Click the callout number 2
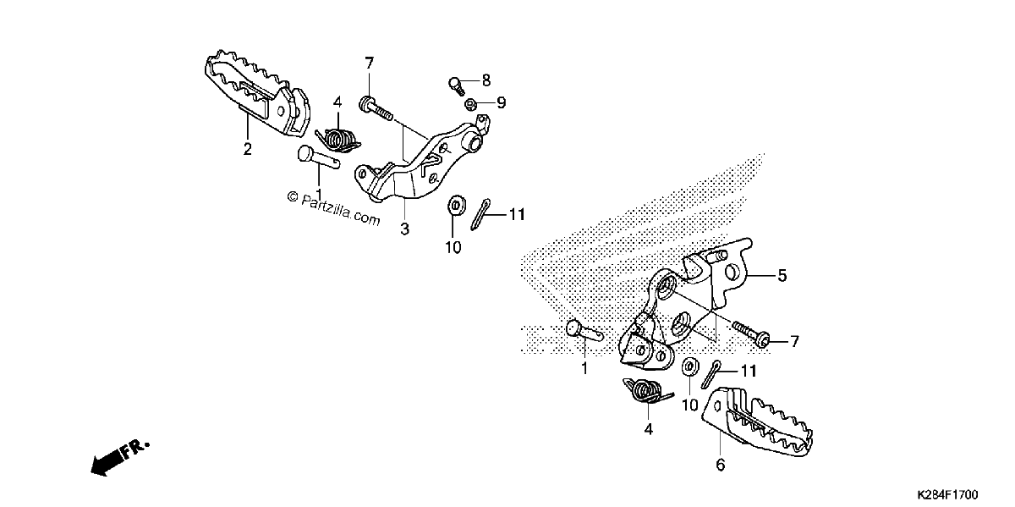(247, 149)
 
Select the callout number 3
(404, 229)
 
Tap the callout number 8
(486, 80)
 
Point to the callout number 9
(501, 103)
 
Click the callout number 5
(782, 276)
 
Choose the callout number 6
(721, 465)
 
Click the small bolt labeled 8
(456, 86)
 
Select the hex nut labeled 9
(470, 105)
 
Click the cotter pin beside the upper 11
(480, 214)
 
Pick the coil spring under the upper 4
(339, 139)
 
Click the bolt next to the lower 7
(751, 335)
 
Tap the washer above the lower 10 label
(690, 366)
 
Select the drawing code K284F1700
(948, 493)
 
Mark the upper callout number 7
(370, 63)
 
